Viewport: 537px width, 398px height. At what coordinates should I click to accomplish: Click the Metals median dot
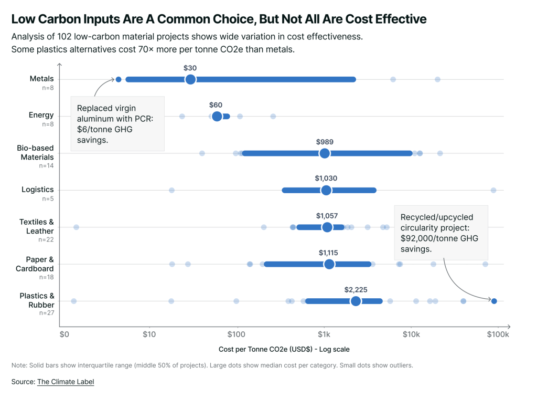pyautogui.click(x=190, y=79)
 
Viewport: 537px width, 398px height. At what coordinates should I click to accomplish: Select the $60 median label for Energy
pyautogui.click(x=216, y=105)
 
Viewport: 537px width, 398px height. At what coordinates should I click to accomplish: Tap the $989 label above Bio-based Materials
pyautogui.click(x=325, y=142)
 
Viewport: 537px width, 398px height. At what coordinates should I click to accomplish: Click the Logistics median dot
pyautogui.click(x=326, y=190)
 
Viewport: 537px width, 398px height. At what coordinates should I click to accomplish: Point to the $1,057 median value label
pyautogui.click(x=327, y=216)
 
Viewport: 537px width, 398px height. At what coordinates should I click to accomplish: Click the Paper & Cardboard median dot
pyautogui.click(x=329, y=264)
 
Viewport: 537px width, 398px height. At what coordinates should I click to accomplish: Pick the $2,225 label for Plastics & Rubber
pyautogui.click(x=356, y=289)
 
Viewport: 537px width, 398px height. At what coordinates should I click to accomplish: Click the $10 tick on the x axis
pyautogui.click(x=149, y=334)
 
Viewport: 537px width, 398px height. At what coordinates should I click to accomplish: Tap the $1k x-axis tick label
pyautogui.click(x=324, y=334)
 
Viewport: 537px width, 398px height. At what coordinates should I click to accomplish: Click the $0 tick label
pyautogui.click(x=64, y=334)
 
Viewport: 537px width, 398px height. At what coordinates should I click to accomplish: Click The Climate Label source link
pyautogui.click(x=66, y=382)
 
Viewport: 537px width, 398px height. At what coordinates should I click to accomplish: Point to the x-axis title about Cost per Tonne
pyautogui.click(x=284, y=349)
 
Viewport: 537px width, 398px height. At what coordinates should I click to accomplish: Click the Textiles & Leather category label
pyautogui.click(x=37, y=226)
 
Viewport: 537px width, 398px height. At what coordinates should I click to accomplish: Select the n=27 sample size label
pyautogui.click(x=46, y=313)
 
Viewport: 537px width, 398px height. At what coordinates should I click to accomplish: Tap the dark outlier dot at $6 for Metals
pyautogui.click(x=119, y=79)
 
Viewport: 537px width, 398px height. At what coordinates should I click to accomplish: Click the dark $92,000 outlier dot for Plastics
pyautogui.click(x=494, y=301)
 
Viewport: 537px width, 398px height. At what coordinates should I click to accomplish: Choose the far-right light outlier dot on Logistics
pyautogui.click(x=493, y=190)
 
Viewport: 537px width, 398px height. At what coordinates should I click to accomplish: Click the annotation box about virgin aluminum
pyautogui.click(x=117, y=123)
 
